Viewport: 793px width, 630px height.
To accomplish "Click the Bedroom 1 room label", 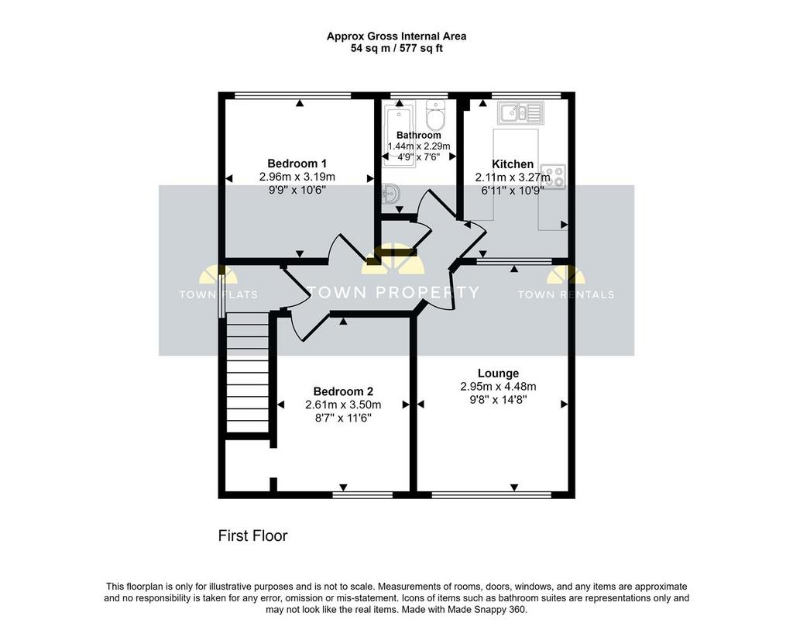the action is (x=297, y=164).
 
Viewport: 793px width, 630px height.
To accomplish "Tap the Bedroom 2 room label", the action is (x=343, y=391).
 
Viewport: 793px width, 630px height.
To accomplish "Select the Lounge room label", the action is (x=498, y=374).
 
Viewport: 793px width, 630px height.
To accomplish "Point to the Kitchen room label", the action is (x=513, y=164).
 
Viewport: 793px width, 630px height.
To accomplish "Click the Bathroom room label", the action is (x=418, y=135).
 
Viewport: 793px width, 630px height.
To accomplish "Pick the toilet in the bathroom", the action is (x=435, y=115).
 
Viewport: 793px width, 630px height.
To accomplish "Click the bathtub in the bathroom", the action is (x=399, y=136).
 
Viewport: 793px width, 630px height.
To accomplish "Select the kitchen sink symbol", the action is (x=520, y=113).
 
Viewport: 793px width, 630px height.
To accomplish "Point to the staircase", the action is (x=247, y=373).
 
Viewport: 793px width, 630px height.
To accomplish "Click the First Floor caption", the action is (x=252, y=535).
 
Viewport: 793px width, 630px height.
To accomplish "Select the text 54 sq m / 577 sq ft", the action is (x=396, y=49).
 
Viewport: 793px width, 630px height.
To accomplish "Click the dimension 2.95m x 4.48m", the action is (x=498, y=387).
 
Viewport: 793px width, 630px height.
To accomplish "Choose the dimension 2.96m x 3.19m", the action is (x=297, y=177).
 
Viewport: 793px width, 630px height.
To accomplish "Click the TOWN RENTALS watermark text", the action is (x=566, y=294).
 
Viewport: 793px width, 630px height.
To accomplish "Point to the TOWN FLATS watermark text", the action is (x=218, y=294).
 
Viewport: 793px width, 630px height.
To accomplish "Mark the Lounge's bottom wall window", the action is (x=492, y=495).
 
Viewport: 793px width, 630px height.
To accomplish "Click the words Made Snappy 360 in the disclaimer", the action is (x=487, y=610).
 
